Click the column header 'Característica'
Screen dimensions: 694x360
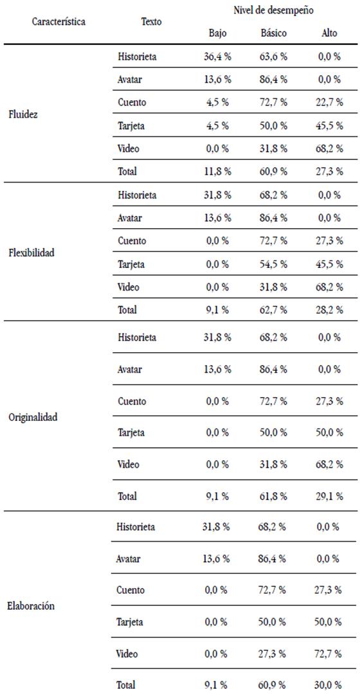(x=59, y=21)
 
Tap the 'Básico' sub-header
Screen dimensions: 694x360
(x=274, y=33)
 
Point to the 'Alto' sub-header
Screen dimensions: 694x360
(x=329, y=33)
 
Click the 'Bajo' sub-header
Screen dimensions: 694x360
(x=218, y=33)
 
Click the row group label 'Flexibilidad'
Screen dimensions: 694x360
(x=32, y=253)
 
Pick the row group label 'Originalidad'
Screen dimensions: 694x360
(x=33, y=417)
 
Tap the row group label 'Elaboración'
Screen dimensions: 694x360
(x=32, y=606)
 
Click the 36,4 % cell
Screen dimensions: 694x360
(x=218, y=57)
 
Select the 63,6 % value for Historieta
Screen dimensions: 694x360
(x=274, y=57)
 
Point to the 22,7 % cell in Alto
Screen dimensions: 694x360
(x=329, y=102)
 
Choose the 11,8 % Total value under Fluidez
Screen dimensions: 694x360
(x=218, y=171)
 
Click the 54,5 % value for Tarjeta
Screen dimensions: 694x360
(x=274, y=264)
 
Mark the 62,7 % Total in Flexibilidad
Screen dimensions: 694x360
(x=274, y=310)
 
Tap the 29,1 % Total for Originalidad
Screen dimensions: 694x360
(x=329, y=495)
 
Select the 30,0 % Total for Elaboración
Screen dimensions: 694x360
(x=329, y=685)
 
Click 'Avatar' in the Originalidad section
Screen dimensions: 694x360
(x=129, y=369)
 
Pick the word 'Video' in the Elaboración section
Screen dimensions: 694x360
(x=127, y=654)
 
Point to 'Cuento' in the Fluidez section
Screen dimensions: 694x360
(x=132, y=102)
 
